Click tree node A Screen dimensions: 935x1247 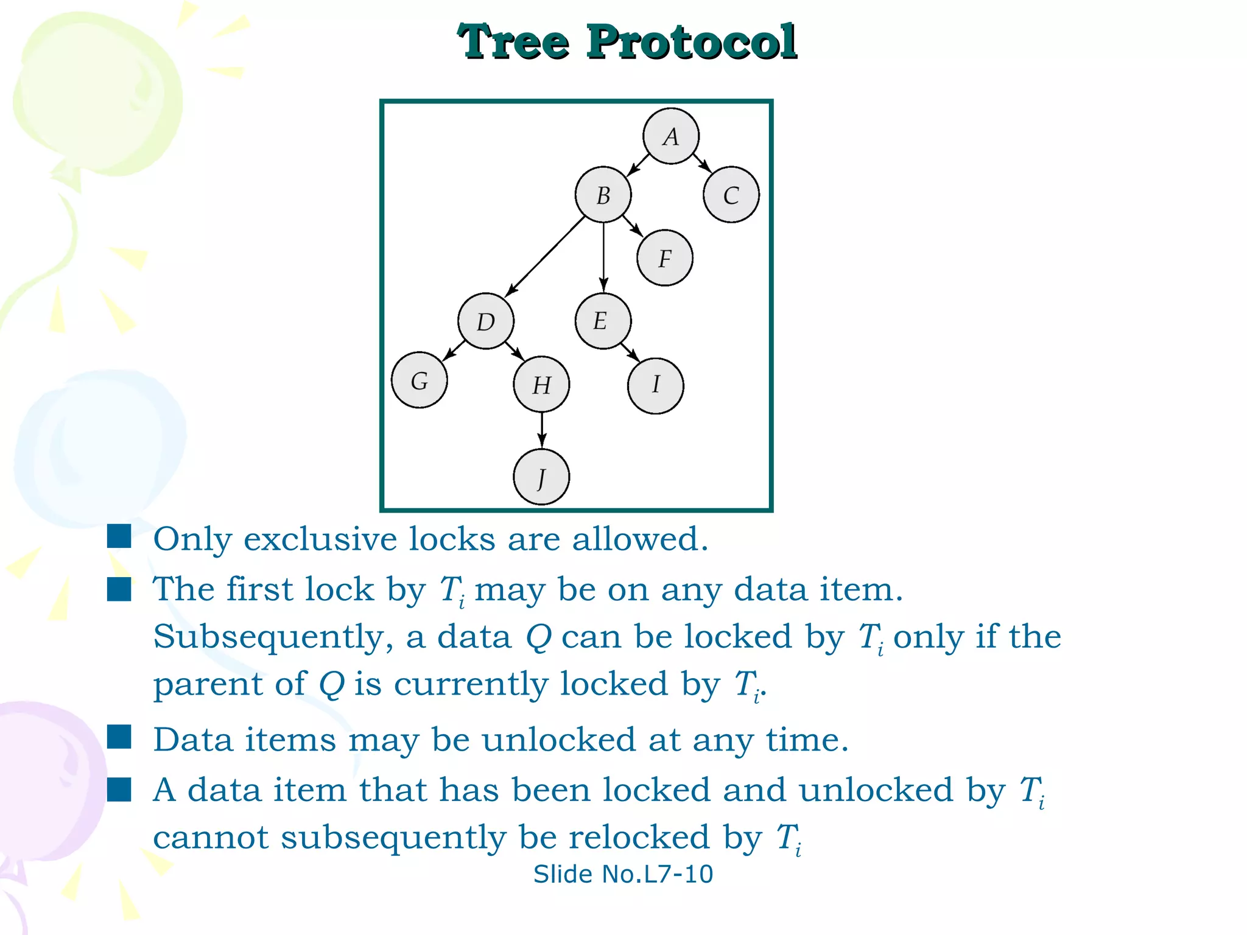click(670, 136)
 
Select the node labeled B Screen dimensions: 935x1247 click(603, 195)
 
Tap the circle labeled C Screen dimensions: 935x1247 click(731, 195)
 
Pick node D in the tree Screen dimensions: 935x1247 click(485, 321)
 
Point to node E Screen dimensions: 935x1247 click(602, 321)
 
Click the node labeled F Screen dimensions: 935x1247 click(664, 258)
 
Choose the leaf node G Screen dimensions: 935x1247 click(419, 380)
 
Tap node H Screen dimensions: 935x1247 click(541, 385)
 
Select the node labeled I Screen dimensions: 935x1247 click(655, 385)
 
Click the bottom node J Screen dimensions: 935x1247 click(541, 477)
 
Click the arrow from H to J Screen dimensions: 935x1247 click(541, 429)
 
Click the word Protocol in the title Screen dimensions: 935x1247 click(691, 43)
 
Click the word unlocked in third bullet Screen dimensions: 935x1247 click(558, 740)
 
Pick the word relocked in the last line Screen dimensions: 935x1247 click(639, 838)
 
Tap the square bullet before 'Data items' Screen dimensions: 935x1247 click(119, 736)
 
